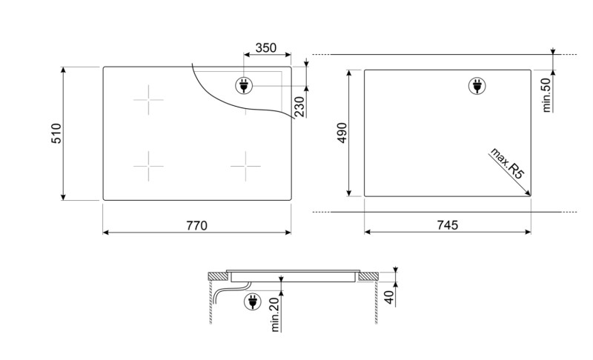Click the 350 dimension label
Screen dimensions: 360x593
[x=265, y=48]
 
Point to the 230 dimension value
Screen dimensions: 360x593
[x=299, y=108]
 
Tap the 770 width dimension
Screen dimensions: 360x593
[x=196, y=224]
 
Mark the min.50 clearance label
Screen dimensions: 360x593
[x=547, y=94]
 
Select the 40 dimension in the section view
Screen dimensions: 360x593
[x=389, y=297]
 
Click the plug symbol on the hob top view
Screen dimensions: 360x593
[x=243, y=86]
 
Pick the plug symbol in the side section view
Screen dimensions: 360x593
[x=253, y=301]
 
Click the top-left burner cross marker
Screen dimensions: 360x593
[x=148, y=99]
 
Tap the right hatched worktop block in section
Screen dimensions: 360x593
[x=368, y=276]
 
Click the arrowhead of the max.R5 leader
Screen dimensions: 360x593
[x=529, y=194]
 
